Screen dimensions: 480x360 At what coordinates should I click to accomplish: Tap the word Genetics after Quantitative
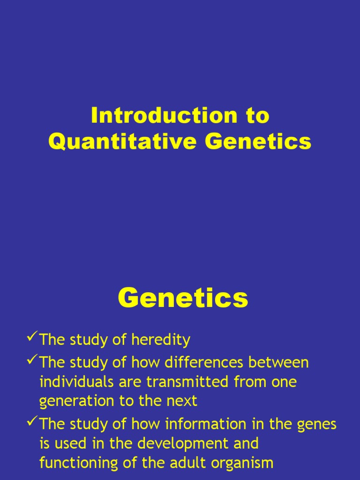(258, 142)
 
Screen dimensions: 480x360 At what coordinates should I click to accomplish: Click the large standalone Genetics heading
(182, 298)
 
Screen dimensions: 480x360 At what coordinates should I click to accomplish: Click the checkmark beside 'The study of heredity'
(32, 337)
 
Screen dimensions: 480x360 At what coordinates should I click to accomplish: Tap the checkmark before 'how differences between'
(32, 360)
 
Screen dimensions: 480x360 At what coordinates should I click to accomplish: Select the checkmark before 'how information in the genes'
(32, 422)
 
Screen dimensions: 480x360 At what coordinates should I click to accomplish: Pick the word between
(283, 363)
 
